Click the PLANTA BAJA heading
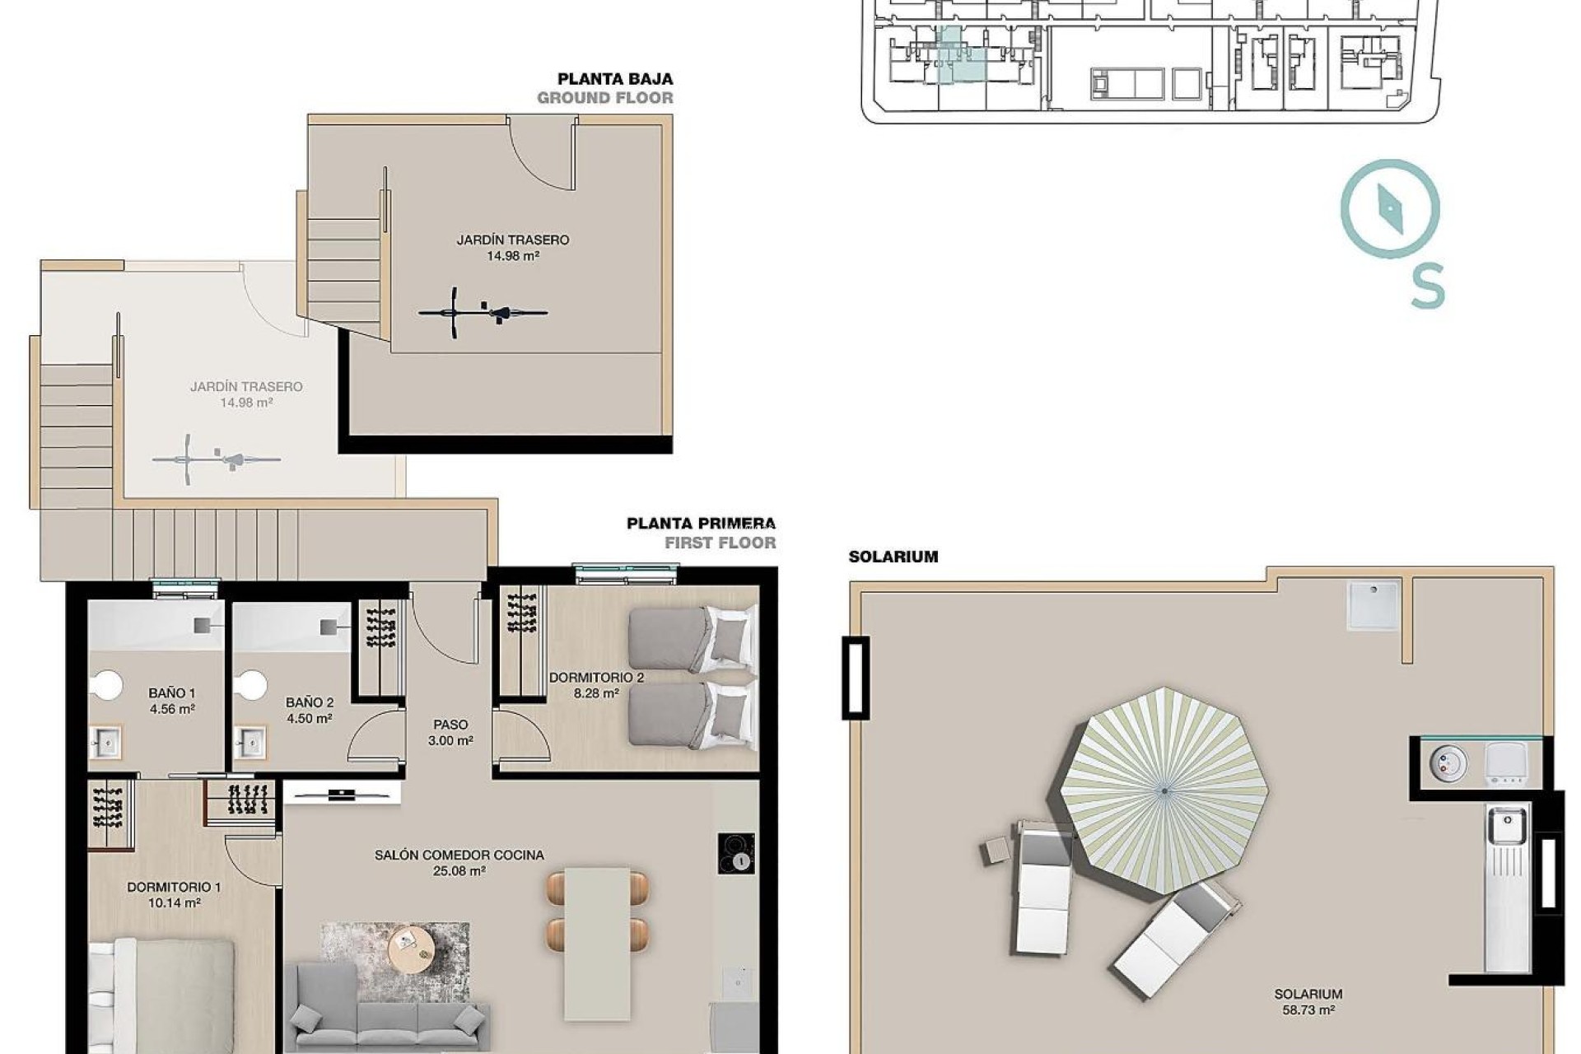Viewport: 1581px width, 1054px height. click(615, 79)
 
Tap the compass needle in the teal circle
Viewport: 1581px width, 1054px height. click(1390, 208)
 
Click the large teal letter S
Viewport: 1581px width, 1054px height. click(1428, 286)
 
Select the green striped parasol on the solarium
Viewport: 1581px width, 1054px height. click(1164, 790)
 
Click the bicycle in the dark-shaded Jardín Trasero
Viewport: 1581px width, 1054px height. click(483, 312)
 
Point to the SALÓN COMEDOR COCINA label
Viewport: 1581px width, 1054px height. click(459, 856)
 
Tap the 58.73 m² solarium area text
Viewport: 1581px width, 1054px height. click(1308, 1010)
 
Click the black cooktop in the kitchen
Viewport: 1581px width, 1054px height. click(735, 853)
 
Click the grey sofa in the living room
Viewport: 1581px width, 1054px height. click(387, 1013)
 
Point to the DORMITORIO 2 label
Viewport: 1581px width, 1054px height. click(596, 678)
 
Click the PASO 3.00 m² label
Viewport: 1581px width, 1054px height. click(450, 732)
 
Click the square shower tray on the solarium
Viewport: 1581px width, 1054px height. click(1373, 605)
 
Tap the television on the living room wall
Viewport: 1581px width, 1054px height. click(342, 794)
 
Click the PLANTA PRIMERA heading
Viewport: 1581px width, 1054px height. click(701, 524)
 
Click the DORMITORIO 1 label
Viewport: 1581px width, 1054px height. click(174, 888)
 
